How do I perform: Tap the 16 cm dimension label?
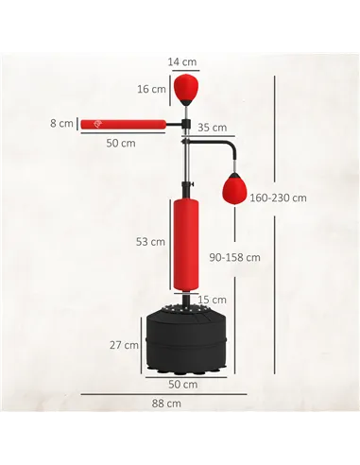click(151, 90)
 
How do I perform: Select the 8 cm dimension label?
click(63, 123)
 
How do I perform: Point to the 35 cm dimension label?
click(212, 128)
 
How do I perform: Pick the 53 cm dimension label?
click(150, 241)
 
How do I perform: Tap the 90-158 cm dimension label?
click(235, 256)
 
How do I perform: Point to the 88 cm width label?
click(166, 404)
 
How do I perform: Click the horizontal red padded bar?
click(122, 124)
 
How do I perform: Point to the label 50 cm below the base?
click(183, 385)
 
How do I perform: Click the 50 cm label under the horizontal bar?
click(121, 143)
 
